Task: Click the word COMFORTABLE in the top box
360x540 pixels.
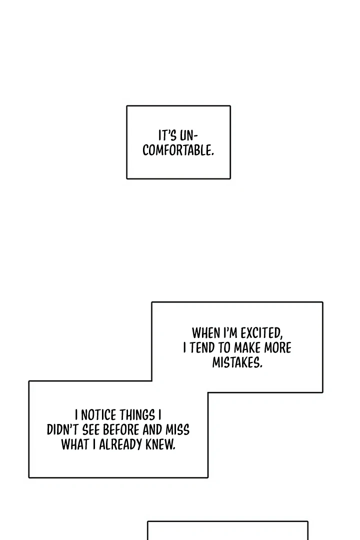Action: point(178,150)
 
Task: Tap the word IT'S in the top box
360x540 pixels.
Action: point(167,135)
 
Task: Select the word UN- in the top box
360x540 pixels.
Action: point(188,135)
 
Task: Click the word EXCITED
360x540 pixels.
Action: point(261,333)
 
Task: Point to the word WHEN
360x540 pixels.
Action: point(205,333)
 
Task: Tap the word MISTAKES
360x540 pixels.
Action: point(237,362)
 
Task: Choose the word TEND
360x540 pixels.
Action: point(202,348)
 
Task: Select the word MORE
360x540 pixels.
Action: point(278,348)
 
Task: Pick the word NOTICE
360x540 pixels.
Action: point(98,415)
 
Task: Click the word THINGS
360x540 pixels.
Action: point(137,415)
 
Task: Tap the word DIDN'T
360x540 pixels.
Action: point(62,430)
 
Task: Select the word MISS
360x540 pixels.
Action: point(178,430)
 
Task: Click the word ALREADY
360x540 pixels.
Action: point(121,445)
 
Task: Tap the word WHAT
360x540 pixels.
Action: point(75,445)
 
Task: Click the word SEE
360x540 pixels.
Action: point(91,430)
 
